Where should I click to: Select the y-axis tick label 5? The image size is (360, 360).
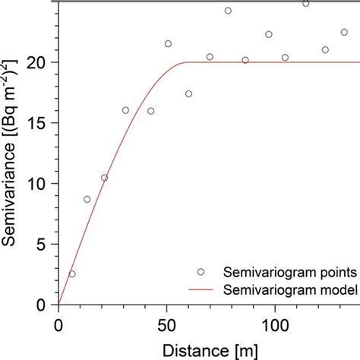(x=45, y=245)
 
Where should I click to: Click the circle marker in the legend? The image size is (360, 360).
(x=201, y=272)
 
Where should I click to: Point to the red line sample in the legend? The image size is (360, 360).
(x=201, y=289)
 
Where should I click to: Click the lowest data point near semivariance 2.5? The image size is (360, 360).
(x=72, y=273)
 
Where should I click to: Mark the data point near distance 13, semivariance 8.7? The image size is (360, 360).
(x=87, y=199)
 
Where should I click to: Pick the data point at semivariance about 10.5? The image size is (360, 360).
(x=105, y=178)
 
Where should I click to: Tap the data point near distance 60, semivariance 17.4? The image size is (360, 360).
(x=188, y=94)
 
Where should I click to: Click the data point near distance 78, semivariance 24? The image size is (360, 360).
(x=228, y=11)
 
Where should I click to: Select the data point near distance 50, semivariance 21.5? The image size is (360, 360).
(x=168, y=44)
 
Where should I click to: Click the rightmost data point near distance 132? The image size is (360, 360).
(x=344, y=32)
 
